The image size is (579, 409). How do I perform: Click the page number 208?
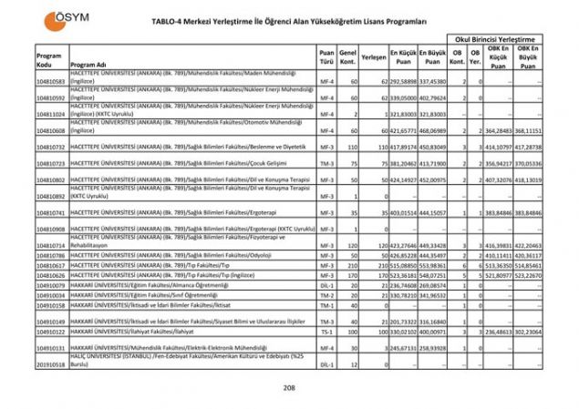tap(289, 388)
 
